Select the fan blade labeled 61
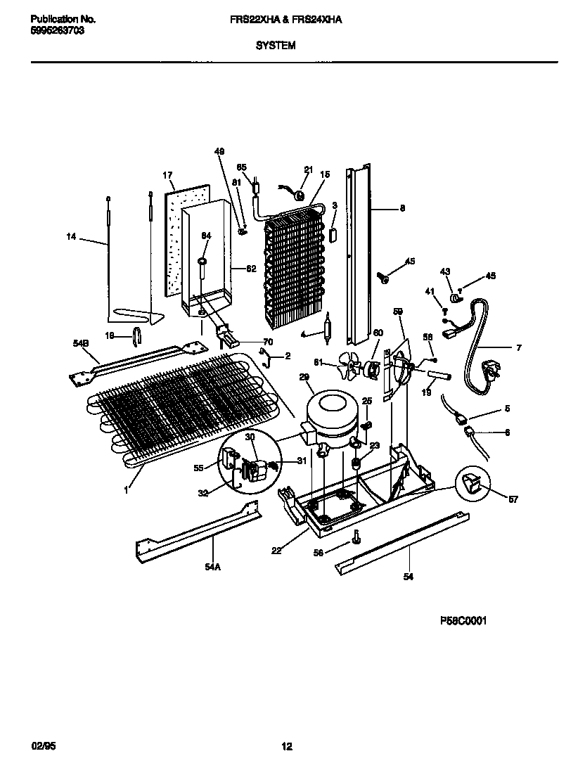349,366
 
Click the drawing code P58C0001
463,620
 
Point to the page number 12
287,747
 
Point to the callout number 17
167,175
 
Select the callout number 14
71,238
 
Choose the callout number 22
277,551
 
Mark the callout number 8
401,207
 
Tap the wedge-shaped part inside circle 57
470,483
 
